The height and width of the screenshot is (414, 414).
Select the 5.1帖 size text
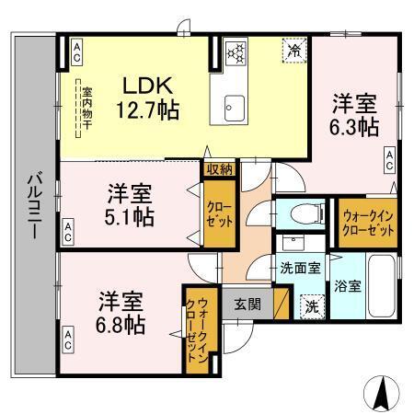coord(130,218)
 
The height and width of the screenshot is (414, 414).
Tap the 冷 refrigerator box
coord(293,52)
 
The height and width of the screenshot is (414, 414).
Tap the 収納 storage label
coord(220,168)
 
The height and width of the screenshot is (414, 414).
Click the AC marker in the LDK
coord(77,52)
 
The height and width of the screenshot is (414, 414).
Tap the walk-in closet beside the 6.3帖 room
coord(367,221)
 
